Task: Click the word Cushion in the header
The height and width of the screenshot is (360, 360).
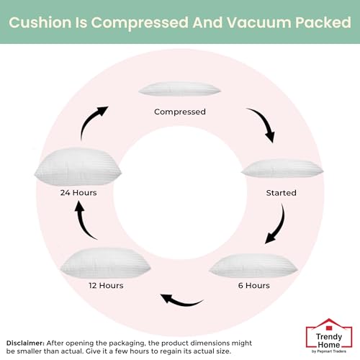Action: (x=40, y=22)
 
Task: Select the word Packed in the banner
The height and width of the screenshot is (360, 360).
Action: (x=323, y=22)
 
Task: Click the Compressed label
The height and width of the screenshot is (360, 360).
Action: (x=180, y=112)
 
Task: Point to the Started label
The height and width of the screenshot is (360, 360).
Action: (x=281, y=193)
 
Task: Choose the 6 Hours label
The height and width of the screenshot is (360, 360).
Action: (x=254, y=285)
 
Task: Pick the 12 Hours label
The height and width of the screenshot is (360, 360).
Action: (x=106, y=285)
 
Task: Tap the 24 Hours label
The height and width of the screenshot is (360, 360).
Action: (x=78, y=192)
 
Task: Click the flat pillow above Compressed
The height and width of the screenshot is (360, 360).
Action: (x=179, y=89)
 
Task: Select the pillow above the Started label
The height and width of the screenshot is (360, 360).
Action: (x=282, y=168)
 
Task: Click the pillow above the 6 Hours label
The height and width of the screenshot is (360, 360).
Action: (x=253, y=266)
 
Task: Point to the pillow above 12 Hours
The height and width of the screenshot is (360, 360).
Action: (x=105, y=264)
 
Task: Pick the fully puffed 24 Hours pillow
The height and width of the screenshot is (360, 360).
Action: (x=78, y=167)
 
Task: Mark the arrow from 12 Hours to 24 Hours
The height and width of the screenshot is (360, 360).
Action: (x=83, y=222)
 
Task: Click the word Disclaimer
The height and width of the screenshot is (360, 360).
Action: (x=25, y=343)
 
